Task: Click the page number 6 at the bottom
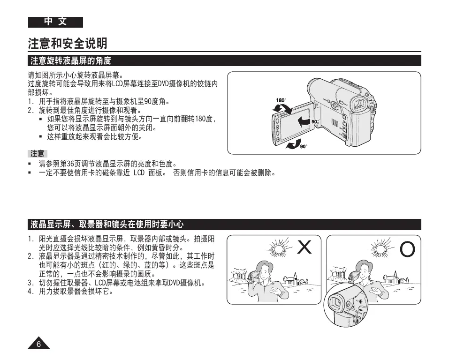(x=39, y=345)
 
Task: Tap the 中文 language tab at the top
(x=55, y=22)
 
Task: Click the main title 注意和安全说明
(x=68, y=44)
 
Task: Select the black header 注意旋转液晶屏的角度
(x=71, y=61)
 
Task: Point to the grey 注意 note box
(x=38, y=153)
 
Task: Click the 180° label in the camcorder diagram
(x=281, y=100)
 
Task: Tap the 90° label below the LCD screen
(x=303, y=147)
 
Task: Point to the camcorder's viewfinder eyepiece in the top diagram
(x=359, y=104)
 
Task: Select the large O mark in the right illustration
(x=407, y=250)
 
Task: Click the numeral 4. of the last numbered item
(x=30, y=292)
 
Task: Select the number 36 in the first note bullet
(x=71, y=164)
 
